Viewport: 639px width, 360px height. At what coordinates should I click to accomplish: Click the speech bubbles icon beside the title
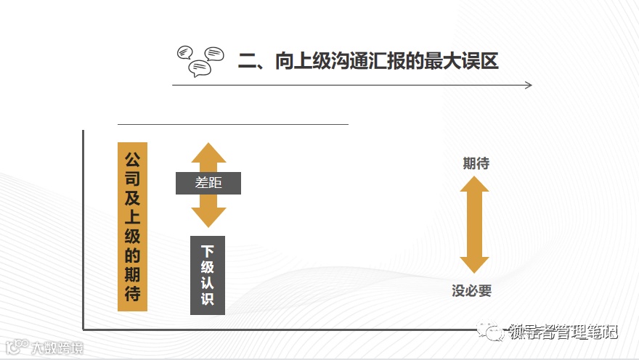(x=200, y=61)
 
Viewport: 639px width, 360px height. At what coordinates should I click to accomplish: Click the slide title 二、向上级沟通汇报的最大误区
(x=368, y=61)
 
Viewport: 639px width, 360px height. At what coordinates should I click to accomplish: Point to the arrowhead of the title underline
(x=528, y=86)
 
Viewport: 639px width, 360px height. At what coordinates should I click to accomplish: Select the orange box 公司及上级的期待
(x=132, y=226)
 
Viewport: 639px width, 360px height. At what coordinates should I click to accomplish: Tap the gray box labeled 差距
(x=208, y=184)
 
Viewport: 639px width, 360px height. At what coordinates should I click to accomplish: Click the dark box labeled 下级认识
(x=208, y=275)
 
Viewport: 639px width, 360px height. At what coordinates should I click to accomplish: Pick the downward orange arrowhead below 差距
(x=208, y=214)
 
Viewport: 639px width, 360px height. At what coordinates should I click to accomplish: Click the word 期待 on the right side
(x=476, y=163)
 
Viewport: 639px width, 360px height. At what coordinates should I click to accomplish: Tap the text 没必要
(x=472, y=291)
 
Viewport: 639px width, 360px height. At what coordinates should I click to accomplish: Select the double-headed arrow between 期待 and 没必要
(x=475, y=225)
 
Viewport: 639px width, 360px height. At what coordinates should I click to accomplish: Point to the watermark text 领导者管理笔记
(x=563, y=332)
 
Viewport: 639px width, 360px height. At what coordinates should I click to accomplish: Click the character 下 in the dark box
(x=208, y=251)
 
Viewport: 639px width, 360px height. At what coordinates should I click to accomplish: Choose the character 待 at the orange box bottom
(x=132, y=295)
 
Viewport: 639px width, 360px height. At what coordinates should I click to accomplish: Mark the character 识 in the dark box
(x=208, y=299)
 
